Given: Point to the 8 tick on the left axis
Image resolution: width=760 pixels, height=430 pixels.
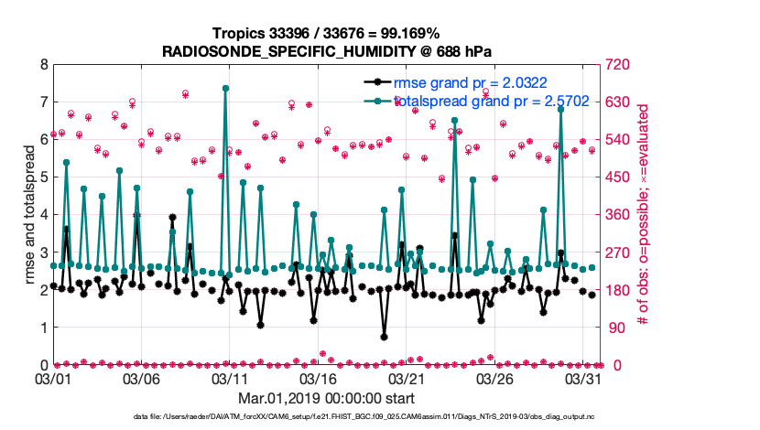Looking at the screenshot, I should [x=43, y=65].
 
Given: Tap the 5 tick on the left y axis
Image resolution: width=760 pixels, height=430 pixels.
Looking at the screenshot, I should [x=43, y=177].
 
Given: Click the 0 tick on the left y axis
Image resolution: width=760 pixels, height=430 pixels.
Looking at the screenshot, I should [x=43, y=365].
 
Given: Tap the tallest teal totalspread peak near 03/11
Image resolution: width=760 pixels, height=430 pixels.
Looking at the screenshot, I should [x=225, y=88].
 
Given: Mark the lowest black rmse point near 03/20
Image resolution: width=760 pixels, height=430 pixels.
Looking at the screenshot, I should [x=385, y=336].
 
